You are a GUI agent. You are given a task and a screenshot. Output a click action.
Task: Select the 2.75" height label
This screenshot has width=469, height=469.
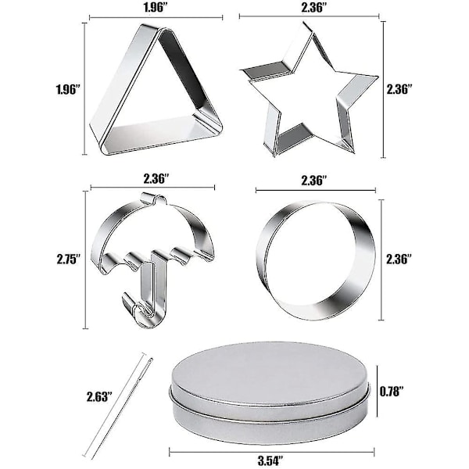click(x=69, y=259)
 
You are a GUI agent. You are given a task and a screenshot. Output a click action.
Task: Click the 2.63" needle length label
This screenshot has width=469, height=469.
click(x=99, y=396)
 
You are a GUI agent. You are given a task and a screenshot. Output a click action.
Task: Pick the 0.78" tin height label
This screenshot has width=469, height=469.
click(x=392, y=391)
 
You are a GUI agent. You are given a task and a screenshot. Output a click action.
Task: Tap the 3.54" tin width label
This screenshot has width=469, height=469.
click(x=270, y=461)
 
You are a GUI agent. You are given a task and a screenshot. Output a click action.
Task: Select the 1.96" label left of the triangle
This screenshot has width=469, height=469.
click(x=68, y=89)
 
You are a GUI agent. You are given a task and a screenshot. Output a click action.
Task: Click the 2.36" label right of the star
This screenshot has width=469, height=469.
click(x=399, y=89)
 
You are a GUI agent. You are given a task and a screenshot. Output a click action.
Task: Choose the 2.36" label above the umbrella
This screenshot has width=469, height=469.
click(x=156, y=178)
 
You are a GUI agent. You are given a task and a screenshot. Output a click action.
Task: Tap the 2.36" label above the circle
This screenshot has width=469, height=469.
click(x=314, y=181)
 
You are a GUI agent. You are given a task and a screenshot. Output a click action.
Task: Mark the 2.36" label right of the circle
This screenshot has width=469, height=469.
click(x=399, y=259)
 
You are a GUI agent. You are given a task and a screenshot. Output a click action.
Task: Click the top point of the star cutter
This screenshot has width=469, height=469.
click(x=305, y=23)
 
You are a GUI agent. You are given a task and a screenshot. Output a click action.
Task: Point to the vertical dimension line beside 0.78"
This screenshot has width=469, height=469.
click(x=377, y=391)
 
